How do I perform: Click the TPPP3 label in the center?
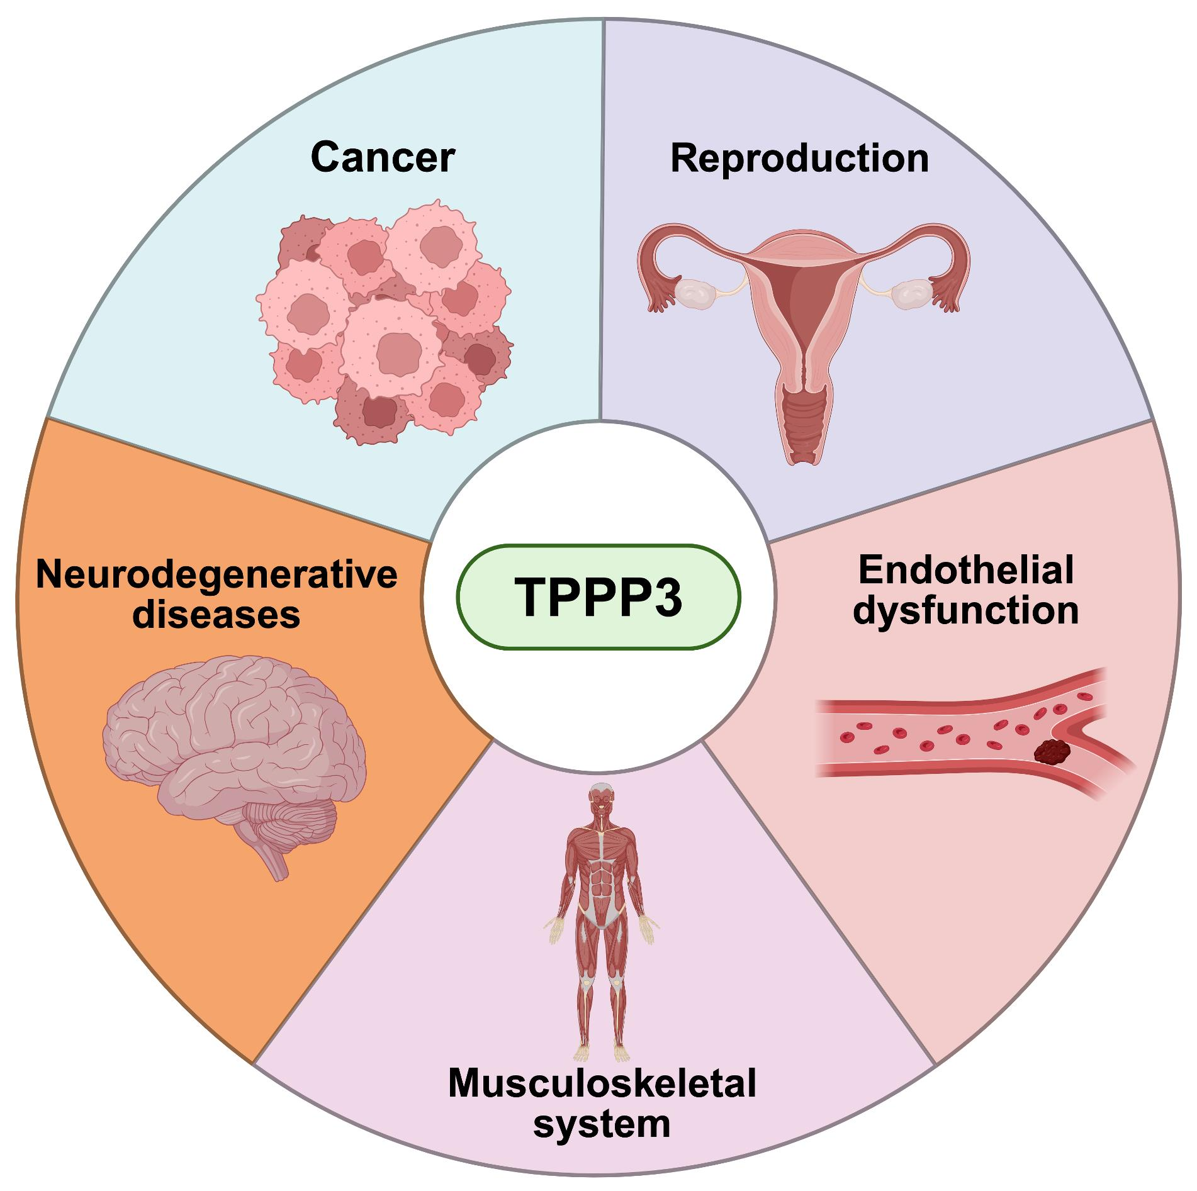[598, 596]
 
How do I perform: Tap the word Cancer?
[382, 157]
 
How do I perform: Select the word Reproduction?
[799, 157]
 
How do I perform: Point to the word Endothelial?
[966, 571]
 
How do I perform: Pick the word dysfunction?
[966, 610]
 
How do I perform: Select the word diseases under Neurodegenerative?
[217, 614]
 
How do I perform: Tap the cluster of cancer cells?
[384, 321]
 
